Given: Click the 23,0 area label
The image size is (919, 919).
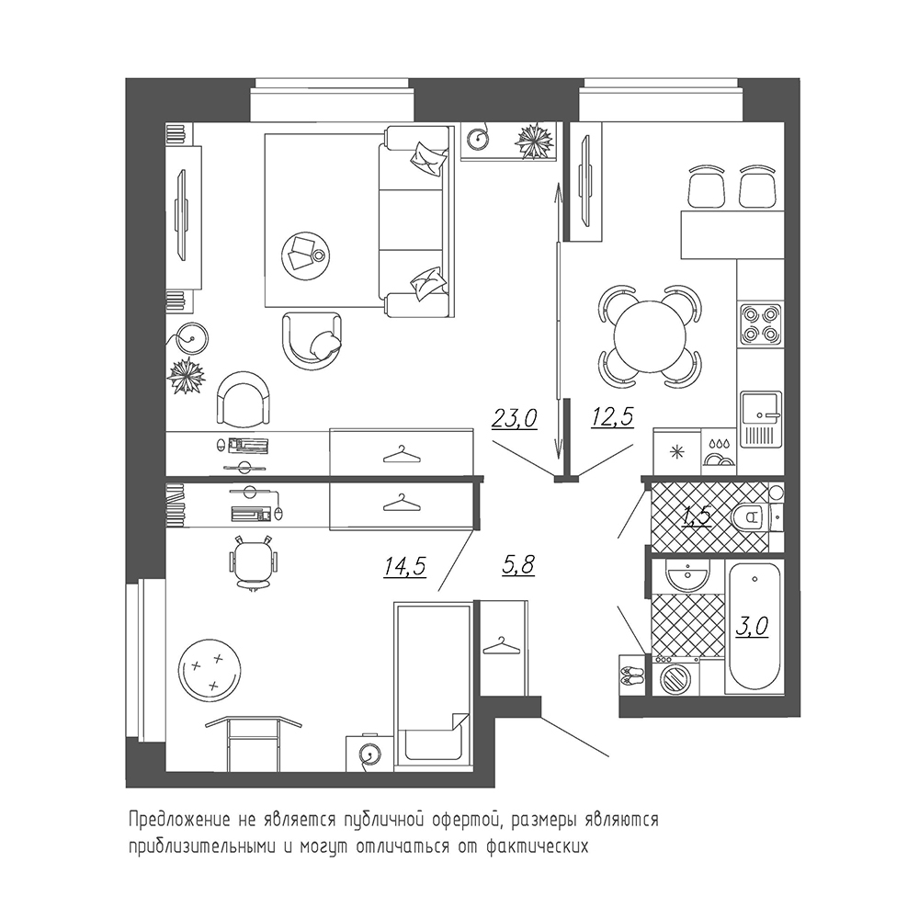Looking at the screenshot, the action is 514,419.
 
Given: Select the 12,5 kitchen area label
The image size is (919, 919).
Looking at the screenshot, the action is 612,417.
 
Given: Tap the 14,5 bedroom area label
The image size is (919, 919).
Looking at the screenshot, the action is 405,567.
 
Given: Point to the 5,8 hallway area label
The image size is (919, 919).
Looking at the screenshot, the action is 518,565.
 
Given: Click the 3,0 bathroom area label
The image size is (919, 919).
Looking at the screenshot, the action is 752,627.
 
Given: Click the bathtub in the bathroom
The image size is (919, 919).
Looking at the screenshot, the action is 754,627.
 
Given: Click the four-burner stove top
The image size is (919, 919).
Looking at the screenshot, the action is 761,324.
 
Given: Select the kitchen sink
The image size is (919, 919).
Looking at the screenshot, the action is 761,420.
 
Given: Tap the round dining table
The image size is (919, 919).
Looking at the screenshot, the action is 650,336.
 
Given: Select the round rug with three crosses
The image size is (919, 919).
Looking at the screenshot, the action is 210,669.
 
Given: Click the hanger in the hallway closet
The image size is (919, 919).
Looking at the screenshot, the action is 501,646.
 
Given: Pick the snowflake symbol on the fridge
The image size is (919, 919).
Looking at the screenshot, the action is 677,452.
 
